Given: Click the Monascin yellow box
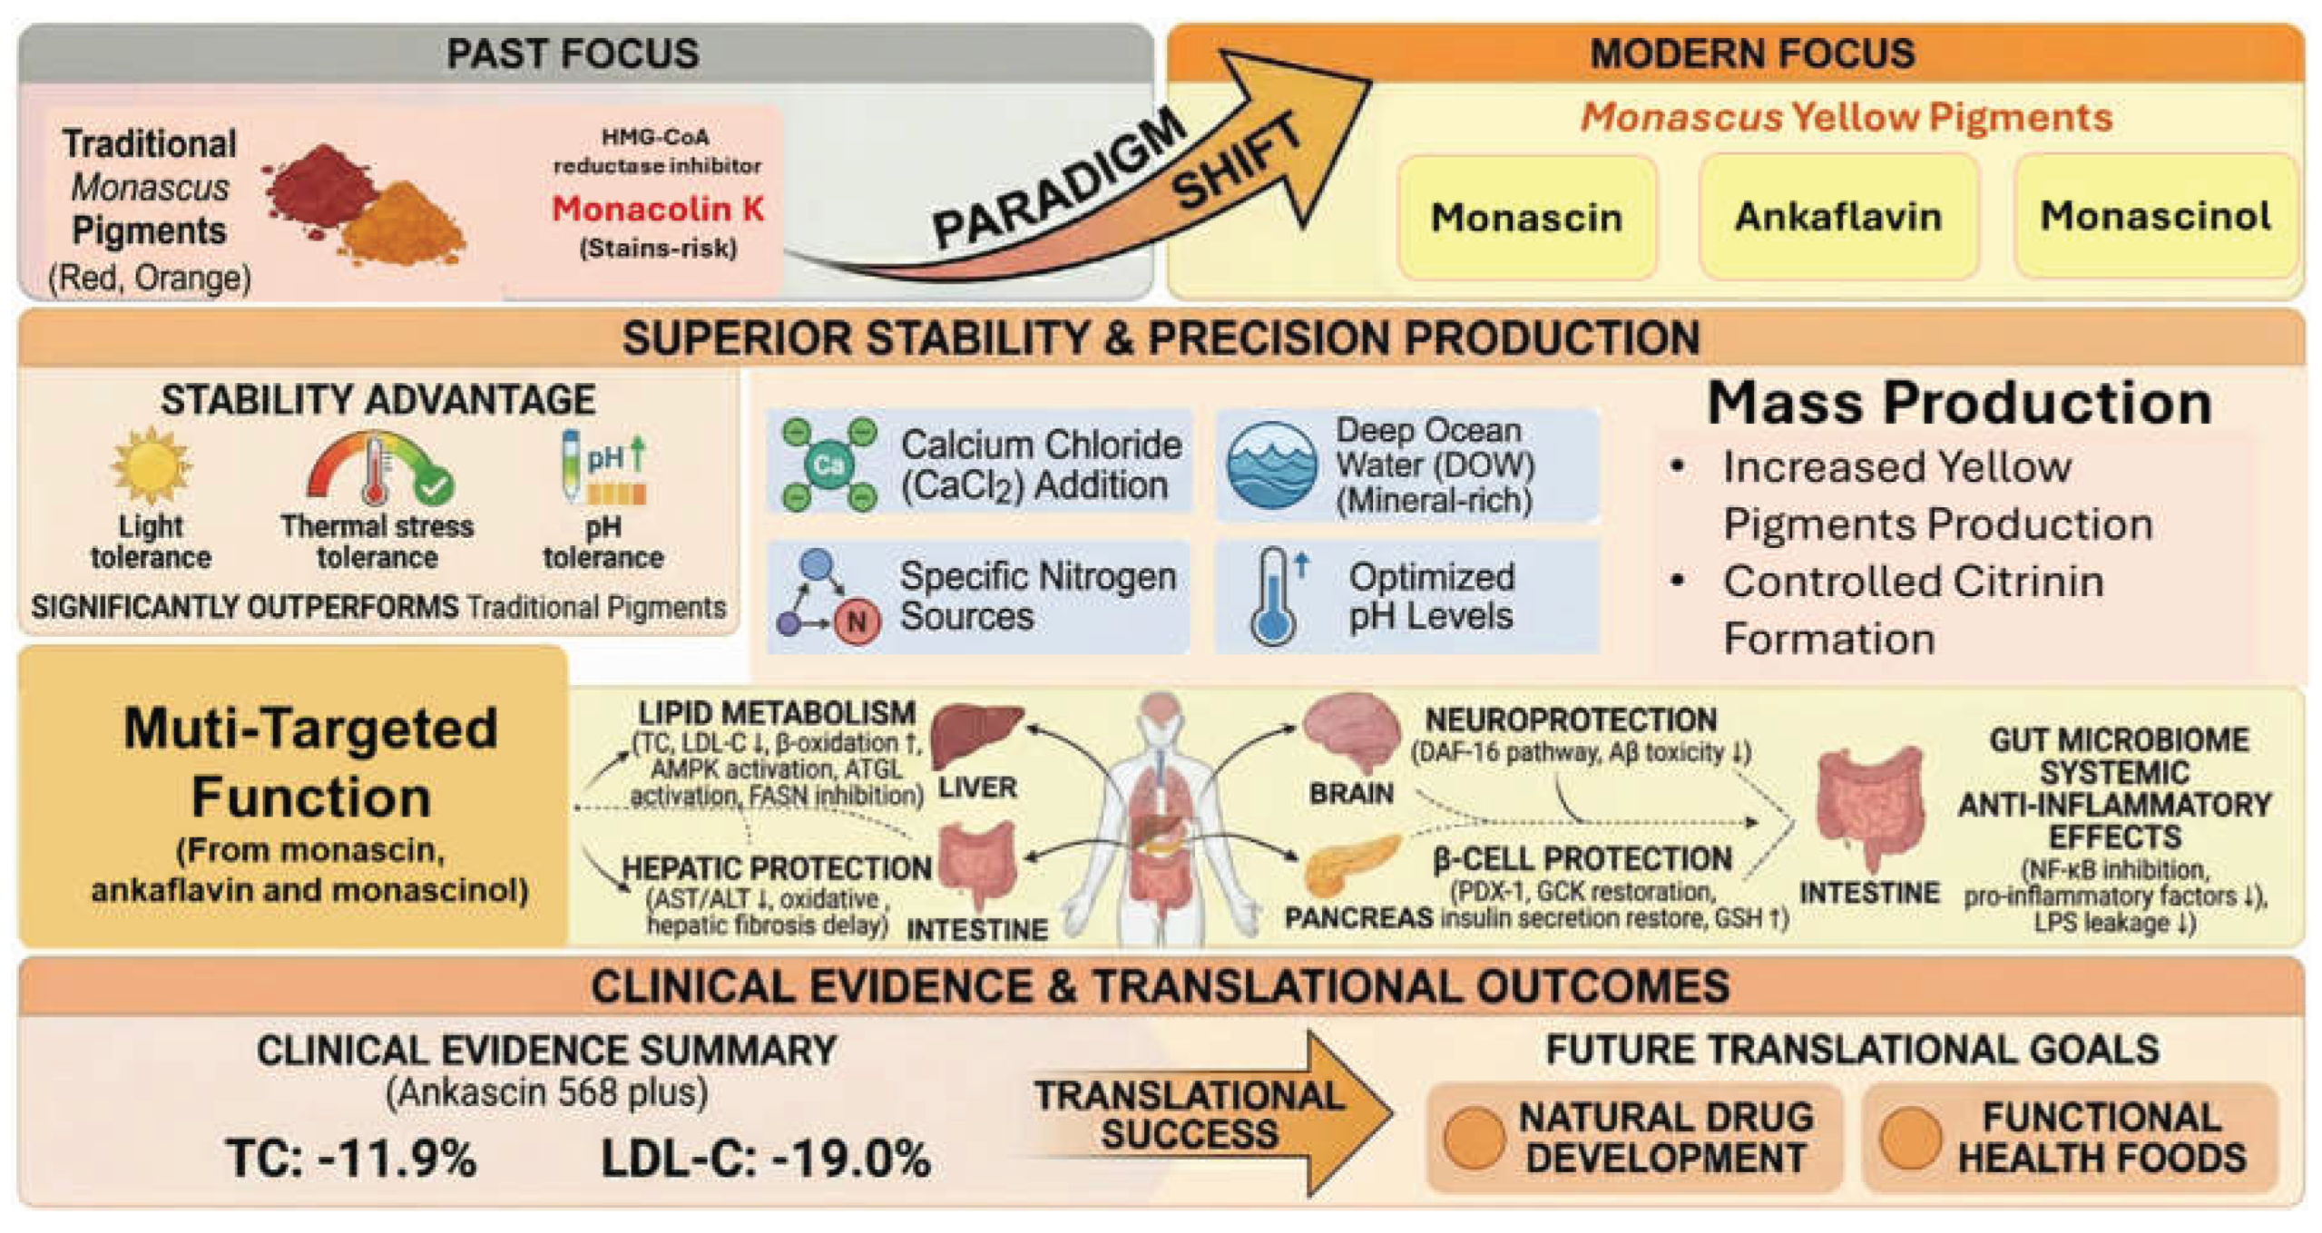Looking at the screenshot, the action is point(1527,218).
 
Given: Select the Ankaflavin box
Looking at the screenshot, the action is point(1838,218).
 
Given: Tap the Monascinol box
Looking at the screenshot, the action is point(2156,216).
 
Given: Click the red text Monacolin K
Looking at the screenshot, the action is point(658,209).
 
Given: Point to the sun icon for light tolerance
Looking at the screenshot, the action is point(151,465).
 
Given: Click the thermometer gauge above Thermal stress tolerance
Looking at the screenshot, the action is point(379,466).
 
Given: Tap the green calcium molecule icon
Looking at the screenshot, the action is point(828,465).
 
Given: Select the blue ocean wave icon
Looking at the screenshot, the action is point(1271,465).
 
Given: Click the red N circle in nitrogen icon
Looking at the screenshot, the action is point(856,622).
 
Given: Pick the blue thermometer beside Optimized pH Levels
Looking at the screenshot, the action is point(1274,596).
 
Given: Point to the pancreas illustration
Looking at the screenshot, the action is point(1351,865).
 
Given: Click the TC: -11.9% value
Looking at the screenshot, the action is point(351,1159).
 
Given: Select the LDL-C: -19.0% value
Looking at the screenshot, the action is point(766,1159).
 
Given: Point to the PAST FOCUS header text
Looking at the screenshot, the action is point(573,54).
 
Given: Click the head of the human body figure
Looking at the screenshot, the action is point(1161,716).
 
